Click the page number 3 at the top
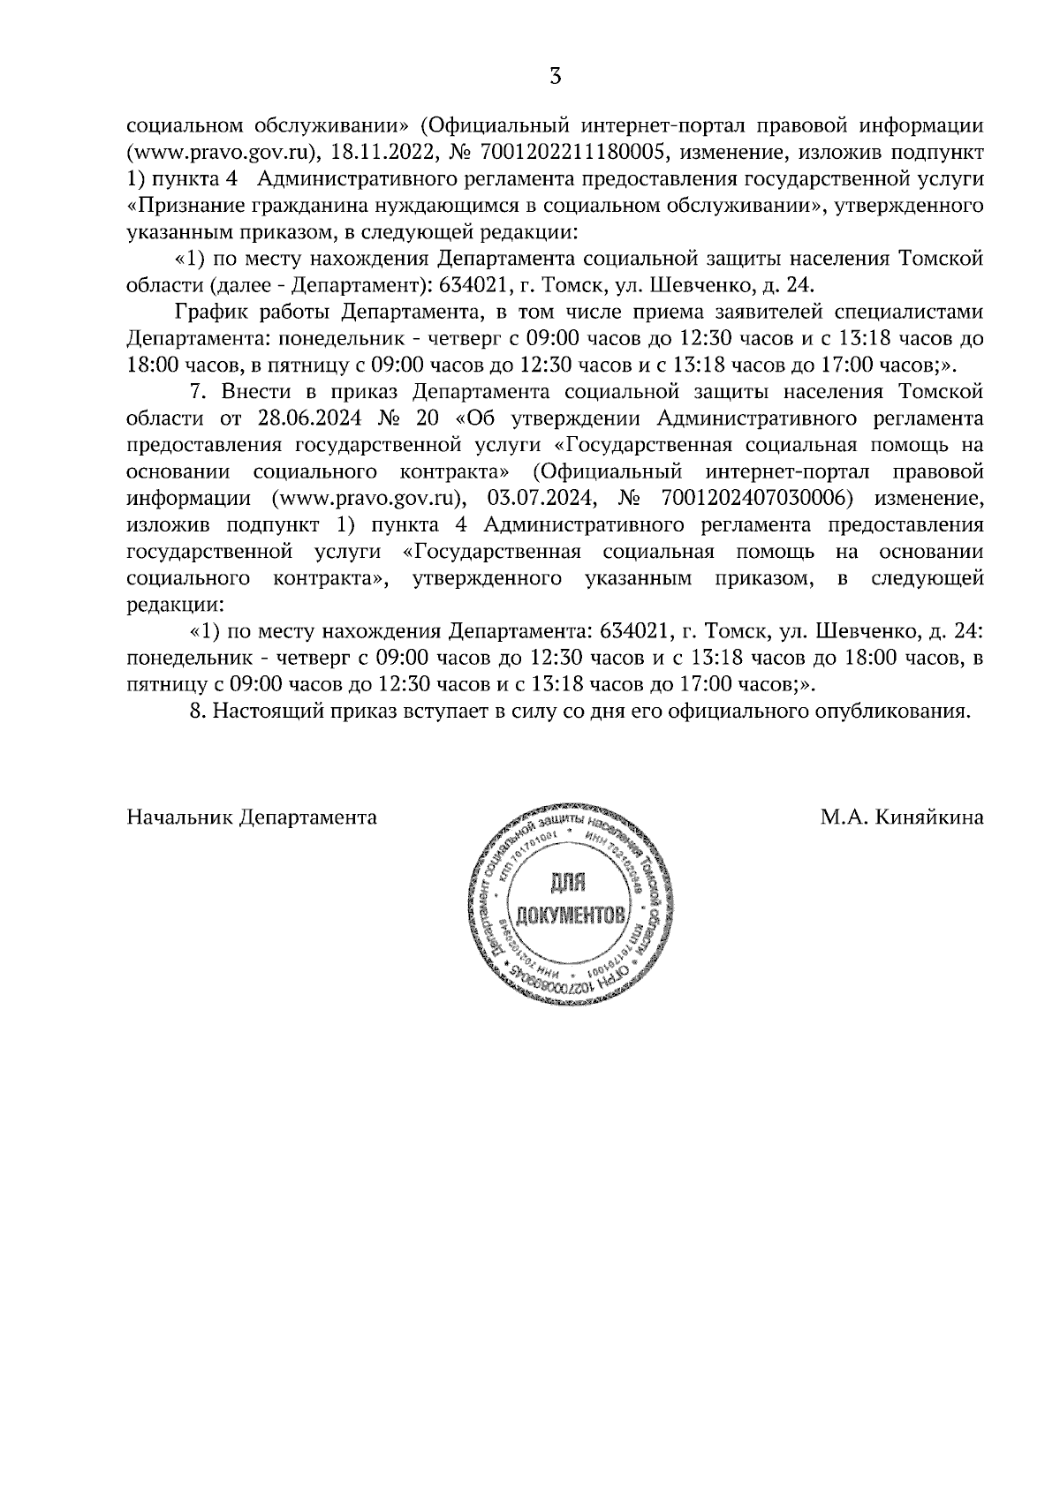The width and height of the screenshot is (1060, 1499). point(555,76)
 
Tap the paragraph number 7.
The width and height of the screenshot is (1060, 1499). point(199,391)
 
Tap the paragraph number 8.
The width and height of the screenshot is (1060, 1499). point(198,712)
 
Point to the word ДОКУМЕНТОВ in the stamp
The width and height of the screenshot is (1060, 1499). point(575,915)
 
